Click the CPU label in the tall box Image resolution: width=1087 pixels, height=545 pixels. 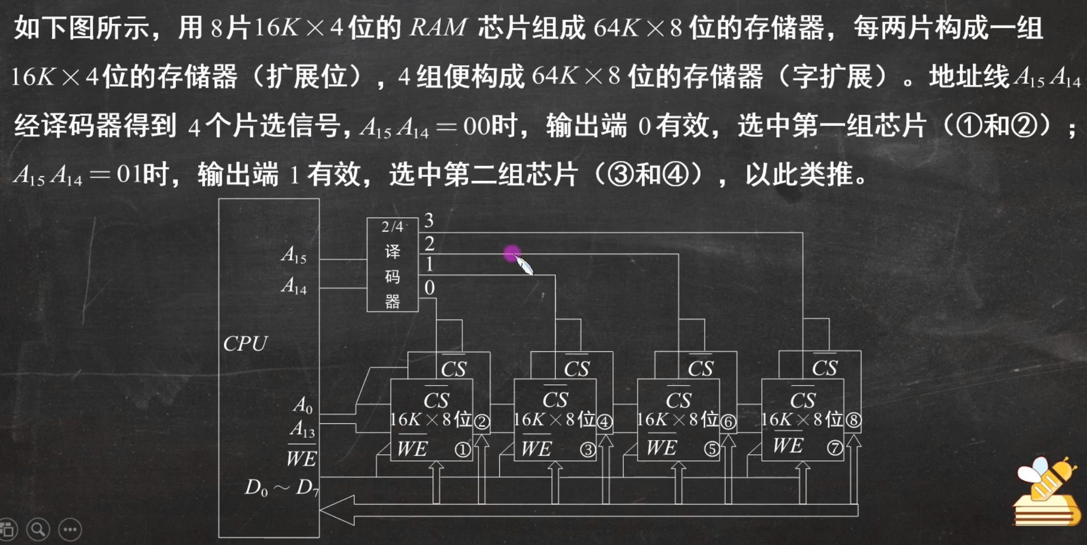[245, 344]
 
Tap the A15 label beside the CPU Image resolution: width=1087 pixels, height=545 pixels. [294, 255]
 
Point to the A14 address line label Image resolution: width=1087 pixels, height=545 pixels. [294, 286]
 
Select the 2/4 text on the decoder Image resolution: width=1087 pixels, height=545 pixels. [392, 227]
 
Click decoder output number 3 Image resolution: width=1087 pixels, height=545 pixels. [429, 221]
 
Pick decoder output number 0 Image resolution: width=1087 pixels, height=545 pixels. [430, 288]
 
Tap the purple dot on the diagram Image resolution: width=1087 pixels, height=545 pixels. [512, 253]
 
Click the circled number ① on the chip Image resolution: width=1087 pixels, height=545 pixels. [462, 450]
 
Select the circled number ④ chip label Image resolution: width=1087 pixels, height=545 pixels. [604, 422]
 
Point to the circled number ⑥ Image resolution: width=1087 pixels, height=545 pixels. [728, 422]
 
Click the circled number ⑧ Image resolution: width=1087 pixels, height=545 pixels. [853, 420]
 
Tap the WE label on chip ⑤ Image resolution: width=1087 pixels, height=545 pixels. [661, 448]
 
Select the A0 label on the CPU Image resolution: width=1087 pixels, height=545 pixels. [302, 405]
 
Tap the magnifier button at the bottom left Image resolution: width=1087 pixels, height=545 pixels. [38, 530]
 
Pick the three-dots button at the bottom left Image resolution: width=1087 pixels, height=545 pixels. [70, 530]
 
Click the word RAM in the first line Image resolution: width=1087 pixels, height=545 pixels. [438, 28]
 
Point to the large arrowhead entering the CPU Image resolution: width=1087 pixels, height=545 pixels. [337, 509]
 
